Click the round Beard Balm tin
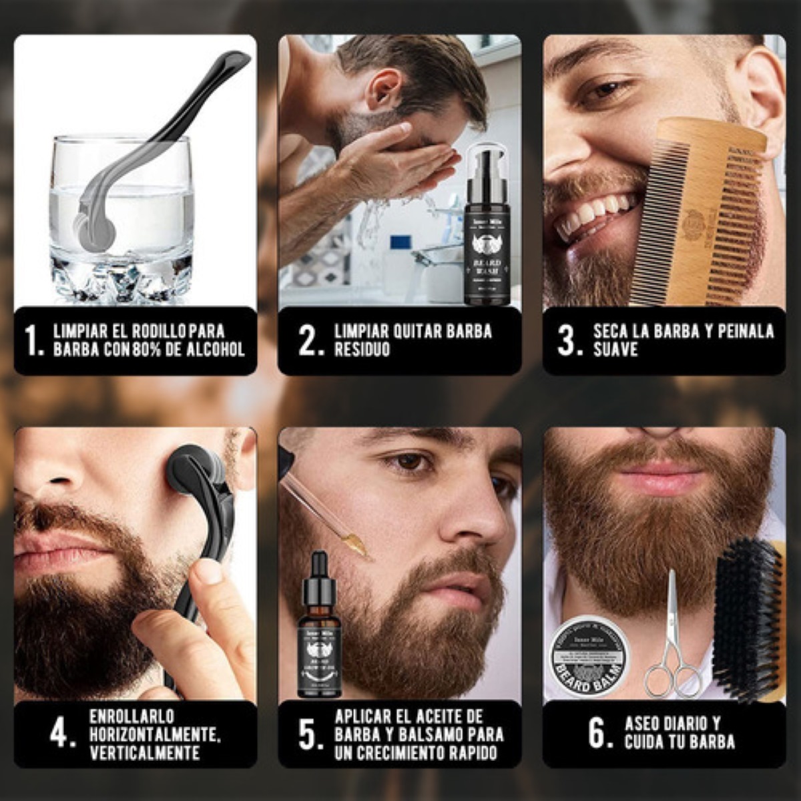click(x=590, y=657)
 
